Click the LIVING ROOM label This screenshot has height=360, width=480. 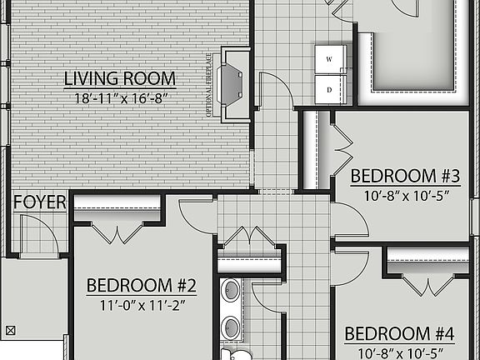tap(120, 79)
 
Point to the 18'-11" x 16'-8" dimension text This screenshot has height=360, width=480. tap(120, 97)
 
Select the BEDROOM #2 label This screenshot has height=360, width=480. tap(142, 286)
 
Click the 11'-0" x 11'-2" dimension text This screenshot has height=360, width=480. tap(142, 304)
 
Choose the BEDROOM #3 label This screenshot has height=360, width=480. tap(405, 176)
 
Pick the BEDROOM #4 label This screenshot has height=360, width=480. tap(399, 334)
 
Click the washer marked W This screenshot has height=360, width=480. tap(328, 59)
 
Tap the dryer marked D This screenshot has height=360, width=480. tap(328, 87)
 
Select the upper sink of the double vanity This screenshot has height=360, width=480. tap(231, 291)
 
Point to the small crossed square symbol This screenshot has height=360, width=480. tap(11, 329)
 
